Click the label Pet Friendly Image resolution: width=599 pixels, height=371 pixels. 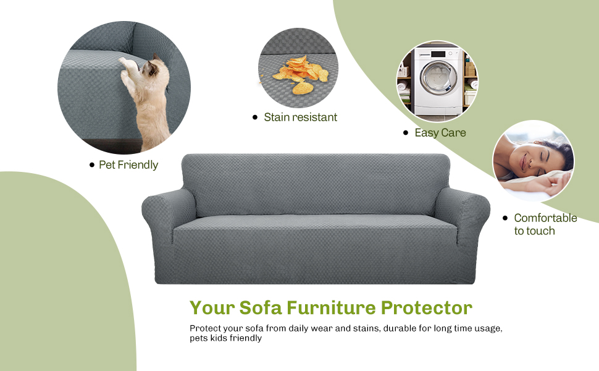click(x=128, y=165)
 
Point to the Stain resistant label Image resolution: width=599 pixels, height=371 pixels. click(x=301, y=117)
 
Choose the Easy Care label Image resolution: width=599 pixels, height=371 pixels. click(x=440, y=133)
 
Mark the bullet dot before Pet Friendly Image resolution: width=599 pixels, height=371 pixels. click(x=92, y=165)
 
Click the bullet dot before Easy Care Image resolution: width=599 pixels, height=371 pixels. click(x=406, y=133)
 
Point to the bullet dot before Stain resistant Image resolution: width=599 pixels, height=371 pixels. click(x=255, y=117)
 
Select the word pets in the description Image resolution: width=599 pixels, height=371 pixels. click(x=200, y=338)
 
